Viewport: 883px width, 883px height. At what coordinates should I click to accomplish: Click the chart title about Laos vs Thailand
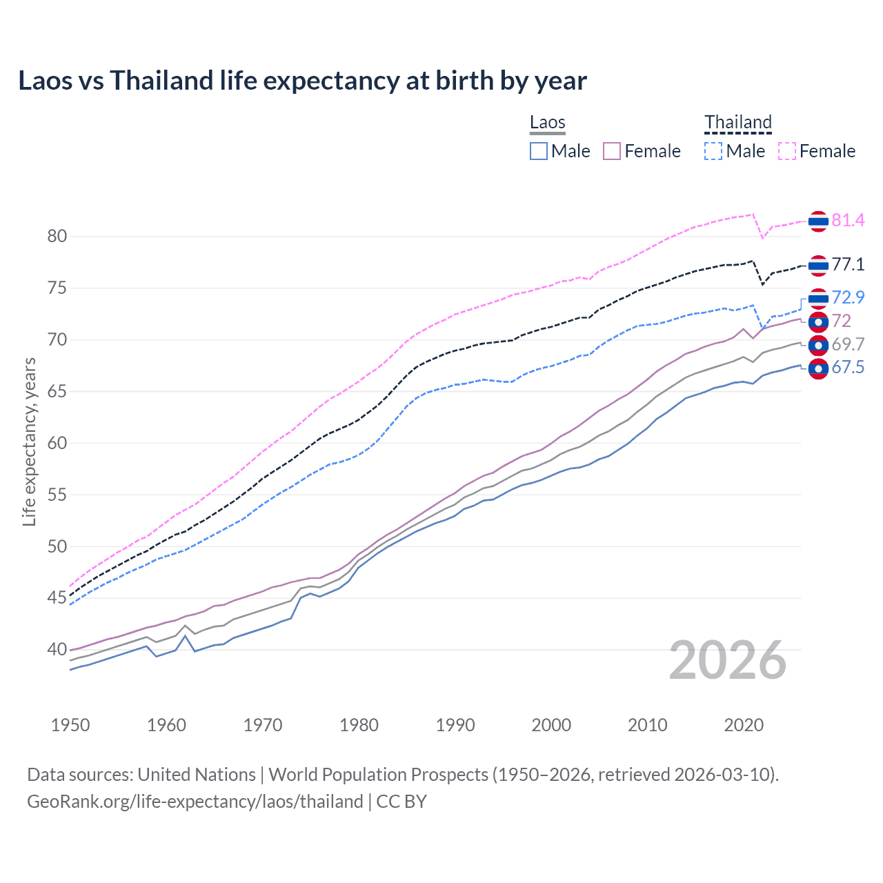(x=302, y=81)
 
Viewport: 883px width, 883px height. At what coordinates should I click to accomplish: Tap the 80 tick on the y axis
(x=57, y=236)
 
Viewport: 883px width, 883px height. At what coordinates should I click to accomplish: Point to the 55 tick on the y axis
(x=57, y=495)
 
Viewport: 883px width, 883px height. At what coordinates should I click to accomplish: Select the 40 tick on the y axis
(x=57, y=649)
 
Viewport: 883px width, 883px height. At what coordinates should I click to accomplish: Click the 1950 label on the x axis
(x=70, y=725)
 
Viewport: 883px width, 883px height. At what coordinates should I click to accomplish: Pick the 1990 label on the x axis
(x=455, y=725)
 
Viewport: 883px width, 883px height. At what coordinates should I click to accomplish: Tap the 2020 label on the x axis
(x=744, y=725)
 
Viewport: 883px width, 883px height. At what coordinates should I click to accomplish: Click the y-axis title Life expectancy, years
(x=29, y=441)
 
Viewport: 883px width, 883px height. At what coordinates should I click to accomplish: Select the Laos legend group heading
(x=547, y=123)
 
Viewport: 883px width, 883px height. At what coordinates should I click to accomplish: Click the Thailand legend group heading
(x=737, y=123)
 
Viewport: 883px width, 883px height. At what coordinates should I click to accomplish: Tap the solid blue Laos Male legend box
(x=539, y=151)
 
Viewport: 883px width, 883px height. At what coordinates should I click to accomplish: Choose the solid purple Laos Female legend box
(x=612, y=151)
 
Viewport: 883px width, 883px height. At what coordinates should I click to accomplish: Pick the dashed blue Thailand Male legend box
(x=713, y=151)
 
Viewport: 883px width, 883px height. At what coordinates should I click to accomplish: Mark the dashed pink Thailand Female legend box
(x=787, y=151)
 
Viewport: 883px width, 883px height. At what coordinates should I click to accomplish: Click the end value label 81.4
(x=848, y=221)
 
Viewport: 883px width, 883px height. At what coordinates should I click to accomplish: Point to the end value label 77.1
(x=848, y=265)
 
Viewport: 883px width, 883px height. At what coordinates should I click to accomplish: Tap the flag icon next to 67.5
(x=818, y=369)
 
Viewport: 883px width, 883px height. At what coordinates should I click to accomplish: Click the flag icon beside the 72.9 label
(x=818, y=298)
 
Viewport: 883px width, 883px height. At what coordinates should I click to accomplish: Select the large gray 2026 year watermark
(x=727, y=661)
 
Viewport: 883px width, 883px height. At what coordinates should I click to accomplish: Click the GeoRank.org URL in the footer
(x=195, y=802)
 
